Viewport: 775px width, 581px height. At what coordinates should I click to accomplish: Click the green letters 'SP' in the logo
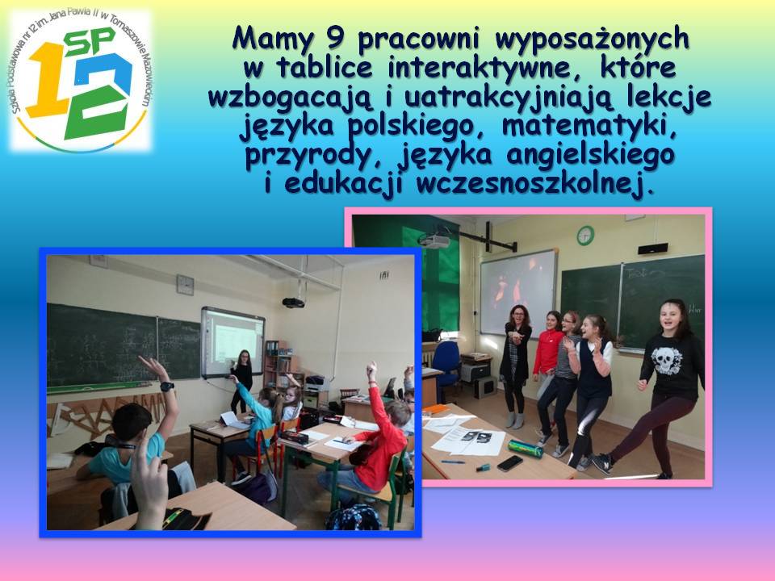tap(90, 42)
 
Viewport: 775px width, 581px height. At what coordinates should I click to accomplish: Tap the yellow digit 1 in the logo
tap(48, 79)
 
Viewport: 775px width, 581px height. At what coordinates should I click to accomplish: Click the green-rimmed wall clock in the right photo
tap(585, 235)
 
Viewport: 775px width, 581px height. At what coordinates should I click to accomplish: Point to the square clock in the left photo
tap(185, 285)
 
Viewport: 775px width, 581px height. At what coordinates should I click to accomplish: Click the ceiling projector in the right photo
tap(434, 240)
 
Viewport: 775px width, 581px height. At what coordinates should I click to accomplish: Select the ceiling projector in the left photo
tap(293, 303)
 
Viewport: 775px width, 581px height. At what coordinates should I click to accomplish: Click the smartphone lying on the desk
tap(509, 463)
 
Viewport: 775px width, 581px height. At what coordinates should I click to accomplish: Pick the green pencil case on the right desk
tap(526, 448)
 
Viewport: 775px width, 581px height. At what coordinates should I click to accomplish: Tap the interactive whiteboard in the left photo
tap(232, 341)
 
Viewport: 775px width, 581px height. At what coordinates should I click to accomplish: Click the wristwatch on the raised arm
tap(167, 387)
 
